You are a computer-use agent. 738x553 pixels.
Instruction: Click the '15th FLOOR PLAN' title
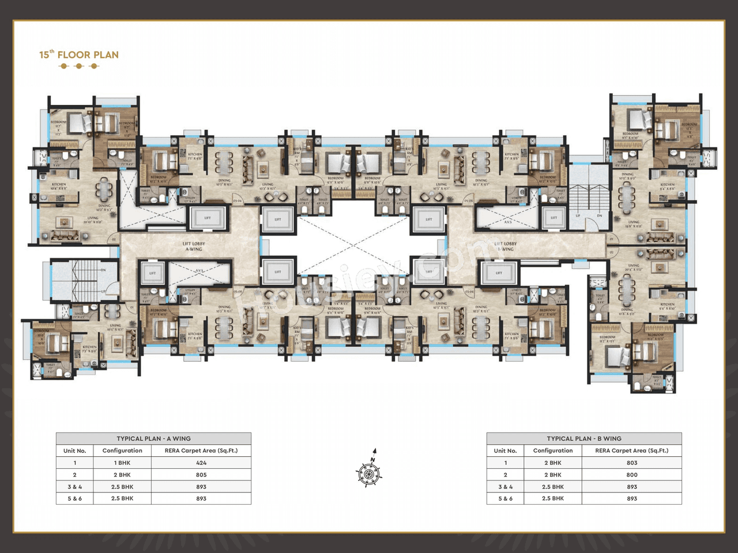tap(79, 55)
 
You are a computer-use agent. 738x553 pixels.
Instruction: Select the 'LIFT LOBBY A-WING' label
tap(194, 247)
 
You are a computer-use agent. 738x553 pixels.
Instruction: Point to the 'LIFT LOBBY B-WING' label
tap(505, 247)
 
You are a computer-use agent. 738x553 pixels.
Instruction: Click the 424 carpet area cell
tap(201, 463)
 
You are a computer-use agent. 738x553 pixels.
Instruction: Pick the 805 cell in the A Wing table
tap(201, 475)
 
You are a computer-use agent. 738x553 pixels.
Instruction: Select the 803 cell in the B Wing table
tap(632, 463)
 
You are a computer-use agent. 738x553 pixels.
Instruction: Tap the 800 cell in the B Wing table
tap(632, 475)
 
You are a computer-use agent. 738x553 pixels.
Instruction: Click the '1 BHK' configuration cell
tap(122, 463)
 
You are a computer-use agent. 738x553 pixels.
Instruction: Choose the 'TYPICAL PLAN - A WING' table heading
tap(153, 439)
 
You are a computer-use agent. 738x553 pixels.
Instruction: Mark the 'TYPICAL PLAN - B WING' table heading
tap(584, 439)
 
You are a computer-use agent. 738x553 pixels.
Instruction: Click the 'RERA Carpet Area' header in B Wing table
tap(632, 451)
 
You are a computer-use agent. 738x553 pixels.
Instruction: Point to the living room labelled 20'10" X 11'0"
tap(93, 220)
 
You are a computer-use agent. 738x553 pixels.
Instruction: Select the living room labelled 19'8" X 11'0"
tap(634, 224)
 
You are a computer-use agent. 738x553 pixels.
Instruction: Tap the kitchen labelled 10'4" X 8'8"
tap(59, 187)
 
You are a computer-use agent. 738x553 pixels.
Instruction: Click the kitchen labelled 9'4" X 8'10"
tap(667, 306)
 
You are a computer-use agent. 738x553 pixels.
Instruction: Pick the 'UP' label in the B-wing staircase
tap(578, 215)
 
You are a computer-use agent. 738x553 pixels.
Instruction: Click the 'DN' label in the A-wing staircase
tap(103, 270)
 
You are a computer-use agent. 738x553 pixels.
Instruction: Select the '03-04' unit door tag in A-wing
tap(237, 201)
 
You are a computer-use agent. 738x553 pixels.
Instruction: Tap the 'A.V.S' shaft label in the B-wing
tap(508, 222)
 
